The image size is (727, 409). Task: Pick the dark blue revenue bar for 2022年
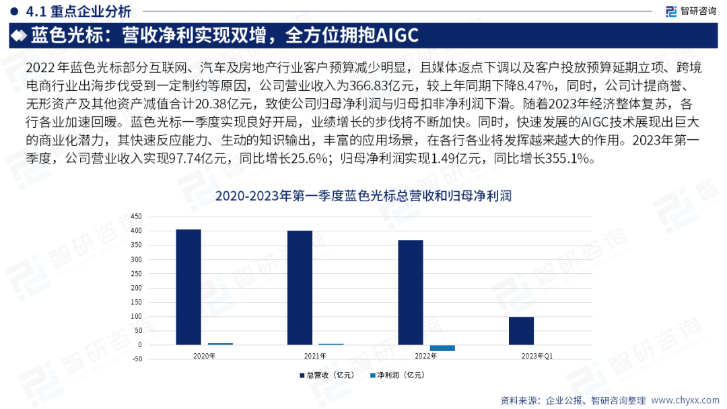(x=411, y=293)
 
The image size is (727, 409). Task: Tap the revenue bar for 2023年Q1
(x=521, y=331)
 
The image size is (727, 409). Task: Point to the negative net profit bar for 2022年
(x=442, y=348)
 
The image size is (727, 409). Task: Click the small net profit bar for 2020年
(x=220, y=343)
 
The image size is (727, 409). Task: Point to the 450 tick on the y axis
(x=137, y=217)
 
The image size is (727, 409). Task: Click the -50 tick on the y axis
(x=137, y=359)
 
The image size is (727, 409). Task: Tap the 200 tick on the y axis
(x=137, y=288)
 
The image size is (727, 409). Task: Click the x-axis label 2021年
(x=315, y=356)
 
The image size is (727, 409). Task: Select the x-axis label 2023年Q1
(x=538, y=356)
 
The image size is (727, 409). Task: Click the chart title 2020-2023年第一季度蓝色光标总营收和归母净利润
(x=363, y=196)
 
